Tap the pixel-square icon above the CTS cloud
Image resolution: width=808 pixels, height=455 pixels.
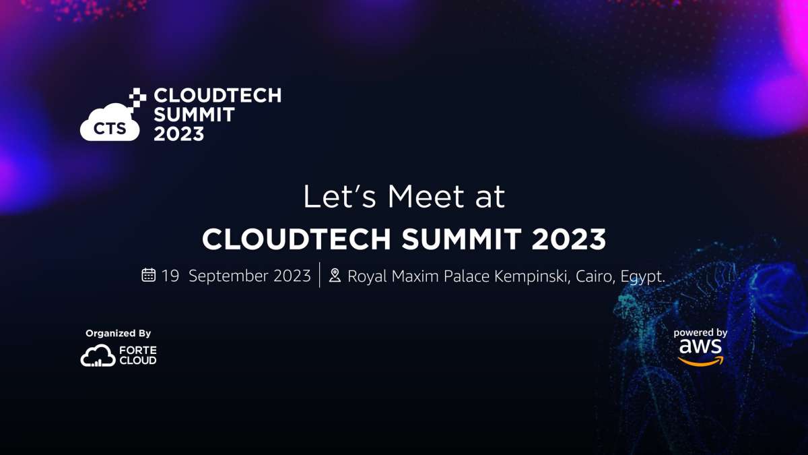point(137,98)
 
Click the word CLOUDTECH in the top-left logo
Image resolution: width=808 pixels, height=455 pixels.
point(217,96)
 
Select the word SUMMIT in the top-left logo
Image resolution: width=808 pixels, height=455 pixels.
point(194,115)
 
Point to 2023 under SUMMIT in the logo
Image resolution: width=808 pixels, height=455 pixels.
point(179,134)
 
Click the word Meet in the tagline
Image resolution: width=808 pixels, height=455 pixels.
point(426,197)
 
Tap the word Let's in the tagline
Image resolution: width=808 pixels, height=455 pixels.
point(339,197)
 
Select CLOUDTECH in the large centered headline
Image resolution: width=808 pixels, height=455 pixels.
point(296,239)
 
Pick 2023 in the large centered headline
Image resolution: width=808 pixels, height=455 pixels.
point(568,239)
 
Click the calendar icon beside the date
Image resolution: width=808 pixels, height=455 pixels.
point(149,275)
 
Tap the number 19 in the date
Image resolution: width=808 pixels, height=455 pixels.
point(170,276)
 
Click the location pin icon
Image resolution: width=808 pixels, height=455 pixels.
point(335,275)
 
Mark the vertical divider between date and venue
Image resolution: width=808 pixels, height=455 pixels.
point(320,275)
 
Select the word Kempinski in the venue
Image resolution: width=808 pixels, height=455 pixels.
point(532,276)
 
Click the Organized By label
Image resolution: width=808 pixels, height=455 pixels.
point(118,334)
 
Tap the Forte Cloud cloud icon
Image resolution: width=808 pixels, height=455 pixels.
point(98,355)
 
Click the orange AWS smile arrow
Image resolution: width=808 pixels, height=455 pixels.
point(700,361)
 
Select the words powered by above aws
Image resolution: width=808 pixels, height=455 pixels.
point(700,333)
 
